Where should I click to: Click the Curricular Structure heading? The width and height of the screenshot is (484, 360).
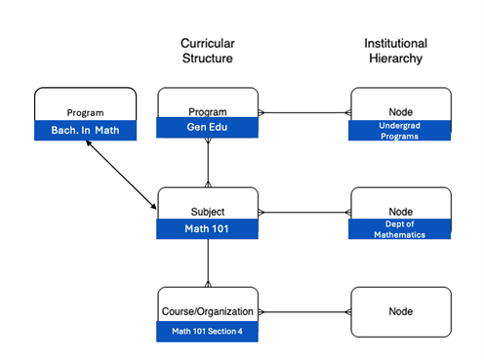point(208,51)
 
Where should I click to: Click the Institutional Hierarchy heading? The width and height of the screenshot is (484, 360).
point(393,51)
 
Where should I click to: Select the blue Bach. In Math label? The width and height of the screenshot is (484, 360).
point(84,131)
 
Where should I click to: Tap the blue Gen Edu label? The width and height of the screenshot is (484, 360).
point(208,129)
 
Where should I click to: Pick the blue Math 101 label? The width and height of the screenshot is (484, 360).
point(208,228)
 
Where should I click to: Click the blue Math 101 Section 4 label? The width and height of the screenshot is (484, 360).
point(208,330)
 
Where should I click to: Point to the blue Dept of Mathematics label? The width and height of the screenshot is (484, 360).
point(400,229)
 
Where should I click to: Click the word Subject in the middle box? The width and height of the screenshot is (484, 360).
point(208,210)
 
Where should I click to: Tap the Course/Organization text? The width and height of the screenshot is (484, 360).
point(208,311)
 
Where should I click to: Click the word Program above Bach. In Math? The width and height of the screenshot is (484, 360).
point(84,112)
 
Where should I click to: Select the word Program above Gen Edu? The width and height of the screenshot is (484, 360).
point(208,111)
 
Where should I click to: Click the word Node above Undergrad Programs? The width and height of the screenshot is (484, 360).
point(400,111)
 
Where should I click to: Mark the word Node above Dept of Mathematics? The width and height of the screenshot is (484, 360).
point(400,210)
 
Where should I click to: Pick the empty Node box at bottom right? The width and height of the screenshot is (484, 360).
point(400,312)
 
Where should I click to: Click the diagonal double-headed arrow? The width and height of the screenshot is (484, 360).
point(122,174)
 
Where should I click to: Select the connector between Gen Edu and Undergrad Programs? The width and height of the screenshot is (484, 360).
point(303,112)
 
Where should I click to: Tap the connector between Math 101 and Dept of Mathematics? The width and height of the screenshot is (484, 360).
point(303,211)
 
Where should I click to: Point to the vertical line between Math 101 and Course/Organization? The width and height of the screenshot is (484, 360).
point(208,262)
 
